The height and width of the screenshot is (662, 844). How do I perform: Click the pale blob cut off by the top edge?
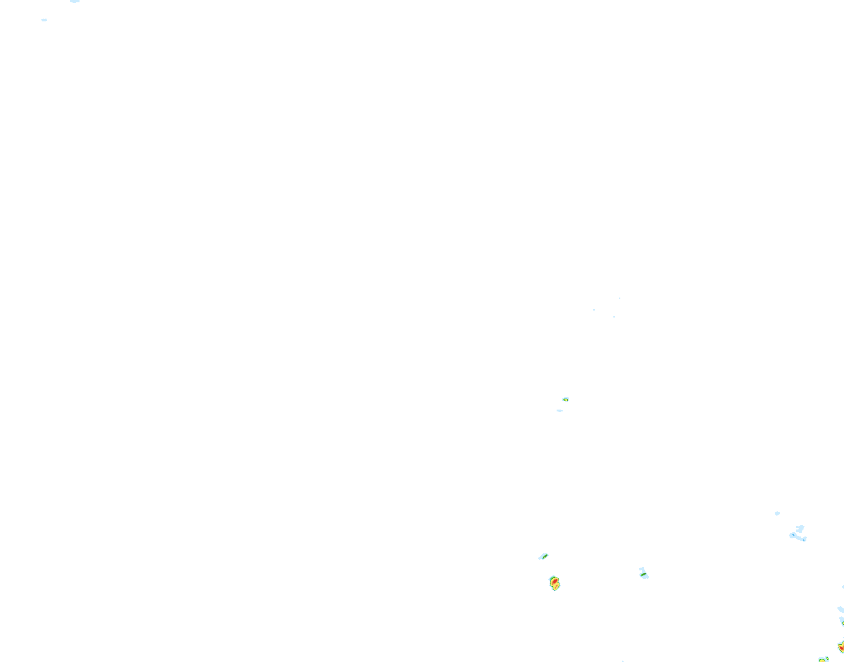75,1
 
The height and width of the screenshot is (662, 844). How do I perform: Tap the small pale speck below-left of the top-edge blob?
44,20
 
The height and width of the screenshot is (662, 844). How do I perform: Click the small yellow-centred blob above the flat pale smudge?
565,399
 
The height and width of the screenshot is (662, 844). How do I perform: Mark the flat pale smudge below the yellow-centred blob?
559,410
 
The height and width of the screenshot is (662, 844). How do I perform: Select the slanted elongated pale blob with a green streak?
543,556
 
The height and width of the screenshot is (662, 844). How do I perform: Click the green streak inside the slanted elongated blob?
545,556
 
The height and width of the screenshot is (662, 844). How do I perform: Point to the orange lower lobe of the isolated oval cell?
556,586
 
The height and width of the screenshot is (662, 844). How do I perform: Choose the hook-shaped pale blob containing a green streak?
643,573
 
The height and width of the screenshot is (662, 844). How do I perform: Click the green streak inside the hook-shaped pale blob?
644,575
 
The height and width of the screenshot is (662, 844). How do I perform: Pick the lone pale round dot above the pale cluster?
777,513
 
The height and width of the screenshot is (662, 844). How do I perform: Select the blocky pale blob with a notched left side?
800,529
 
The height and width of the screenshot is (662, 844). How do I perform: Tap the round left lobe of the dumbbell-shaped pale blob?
792,536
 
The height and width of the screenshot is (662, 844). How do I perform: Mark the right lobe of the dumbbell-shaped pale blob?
804,539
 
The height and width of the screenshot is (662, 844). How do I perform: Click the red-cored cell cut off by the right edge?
841,646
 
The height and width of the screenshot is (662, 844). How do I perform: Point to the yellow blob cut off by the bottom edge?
823,660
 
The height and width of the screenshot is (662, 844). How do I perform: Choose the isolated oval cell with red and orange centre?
554,583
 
